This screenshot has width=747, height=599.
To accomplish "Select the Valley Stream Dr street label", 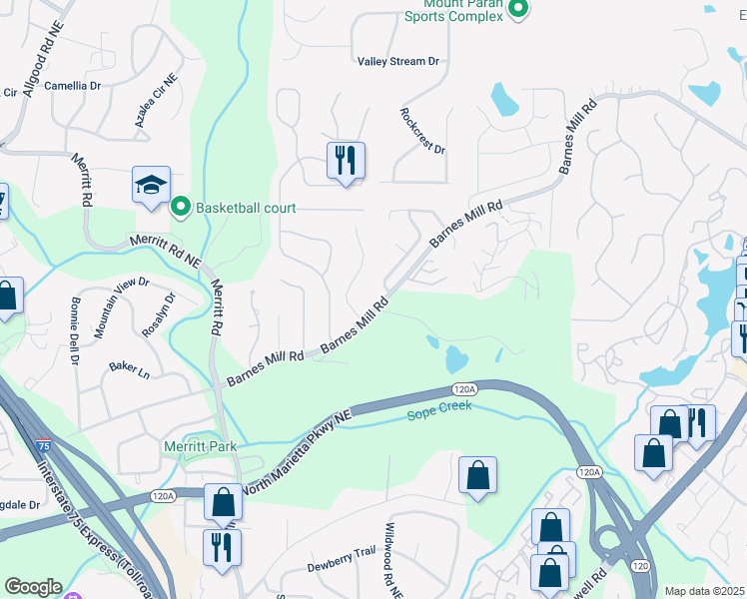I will coord(398,62).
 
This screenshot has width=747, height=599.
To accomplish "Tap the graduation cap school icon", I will coord(152,186).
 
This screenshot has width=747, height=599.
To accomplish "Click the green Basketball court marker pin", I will coord(181,208).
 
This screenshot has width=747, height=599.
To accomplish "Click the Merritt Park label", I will coord(201,446).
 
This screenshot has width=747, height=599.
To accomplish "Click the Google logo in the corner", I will coord(33,587).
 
